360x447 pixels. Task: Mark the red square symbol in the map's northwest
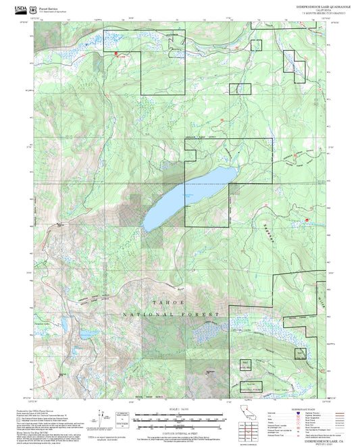[116, 54]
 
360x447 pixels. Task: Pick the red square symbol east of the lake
[307, 219]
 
